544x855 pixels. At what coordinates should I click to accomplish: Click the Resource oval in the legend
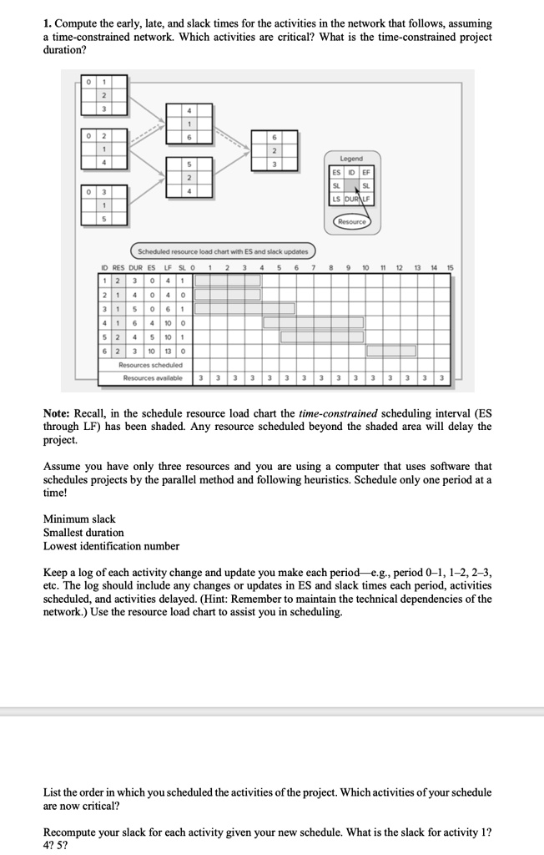[x=351, y=222]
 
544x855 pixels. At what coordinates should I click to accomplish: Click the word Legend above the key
[x=350, y=158]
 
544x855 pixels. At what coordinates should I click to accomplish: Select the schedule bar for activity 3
[x=245, y=308]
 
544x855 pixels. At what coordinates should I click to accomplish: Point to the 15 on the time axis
[x=448, y=267]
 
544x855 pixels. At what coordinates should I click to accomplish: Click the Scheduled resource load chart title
[x=223, y=250]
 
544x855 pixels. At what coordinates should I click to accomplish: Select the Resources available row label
[x=153, y=378]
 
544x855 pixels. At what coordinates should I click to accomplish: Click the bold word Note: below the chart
[x=58, y=412]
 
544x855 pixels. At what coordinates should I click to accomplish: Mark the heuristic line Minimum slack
[x=79, y=519]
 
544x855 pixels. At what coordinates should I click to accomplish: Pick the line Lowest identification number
[x=111, y=546]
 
